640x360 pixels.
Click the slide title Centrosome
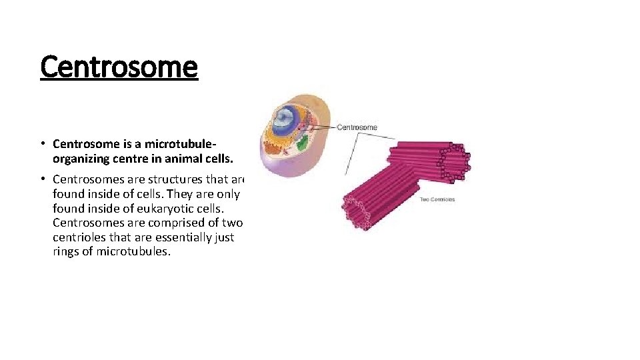[x=119, y=67]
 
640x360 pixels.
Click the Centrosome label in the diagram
[x=357, y=127]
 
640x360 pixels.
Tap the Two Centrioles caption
[x=437, y=199]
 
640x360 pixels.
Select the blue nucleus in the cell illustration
[x=286, y=120]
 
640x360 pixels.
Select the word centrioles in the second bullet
[x=79, y=237]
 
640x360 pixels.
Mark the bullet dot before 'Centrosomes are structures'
[x=41, y=179]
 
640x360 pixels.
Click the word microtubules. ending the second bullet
[x=133, y=252]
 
